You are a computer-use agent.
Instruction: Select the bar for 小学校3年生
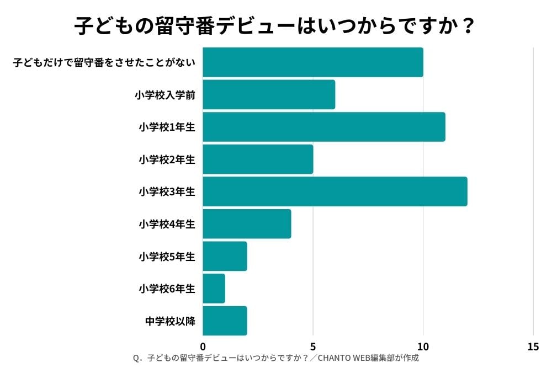(335, 191)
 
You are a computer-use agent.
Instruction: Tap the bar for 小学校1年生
(324, 127)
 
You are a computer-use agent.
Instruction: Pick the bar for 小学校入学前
(269, 94)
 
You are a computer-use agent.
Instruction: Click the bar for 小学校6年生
(214, 288)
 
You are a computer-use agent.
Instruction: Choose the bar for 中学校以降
(225, 321)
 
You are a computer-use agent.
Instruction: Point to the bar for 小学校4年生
(247, 223)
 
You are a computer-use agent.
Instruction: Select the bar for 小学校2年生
(258, 159)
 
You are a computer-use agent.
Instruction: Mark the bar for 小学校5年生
(225, 256)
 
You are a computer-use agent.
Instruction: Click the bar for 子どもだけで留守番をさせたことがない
(313, 62)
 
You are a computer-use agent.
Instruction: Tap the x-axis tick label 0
(203, 346)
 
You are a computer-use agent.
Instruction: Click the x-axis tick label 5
(313, 346)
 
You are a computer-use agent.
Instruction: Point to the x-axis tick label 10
(423, 346)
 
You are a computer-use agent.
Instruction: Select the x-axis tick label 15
(533, 346)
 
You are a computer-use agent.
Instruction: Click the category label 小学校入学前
(165, 95)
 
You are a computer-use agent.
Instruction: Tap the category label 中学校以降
(170, 321)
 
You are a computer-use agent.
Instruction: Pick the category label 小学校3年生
(167, 192)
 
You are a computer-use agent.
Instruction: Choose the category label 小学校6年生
(167, 289)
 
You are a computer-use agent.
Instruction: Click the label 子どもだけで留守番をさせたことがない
(104, 62)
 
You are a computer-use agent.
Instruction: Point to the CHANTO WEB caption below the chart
(276, 358)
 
